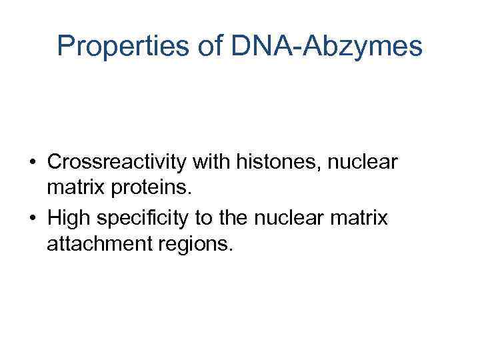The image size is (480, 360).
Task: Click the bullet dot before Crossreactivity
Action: click(x=32, y=163)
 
